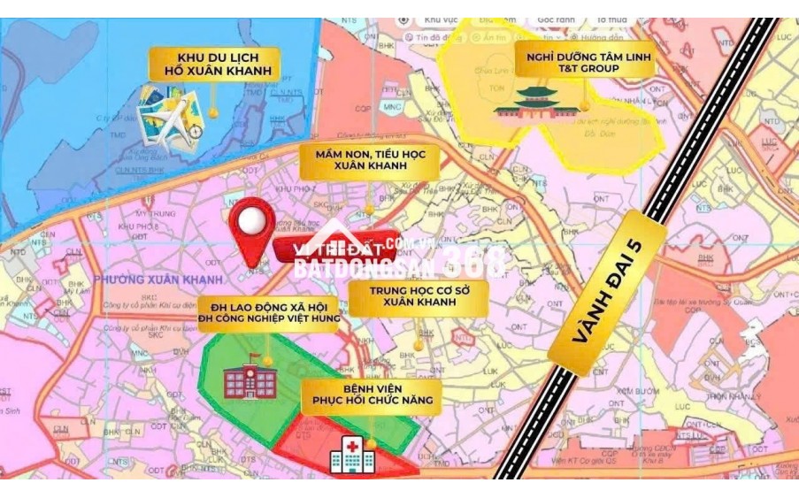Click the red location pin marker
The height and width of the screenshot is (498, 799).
(x=251, y=228)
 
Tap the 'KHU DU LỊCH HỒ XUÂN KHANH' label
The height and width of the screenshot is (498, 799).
(x=214, y=64)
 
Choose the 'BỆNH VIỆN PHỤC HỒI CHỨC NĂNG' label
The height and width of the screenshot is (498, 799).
(x=371, y=394)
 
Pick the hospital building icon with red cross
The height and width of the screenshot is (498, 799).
(x=351, y=454)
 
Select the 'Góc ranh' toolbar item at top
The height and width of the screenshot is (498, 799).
(x=556, y=19)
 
